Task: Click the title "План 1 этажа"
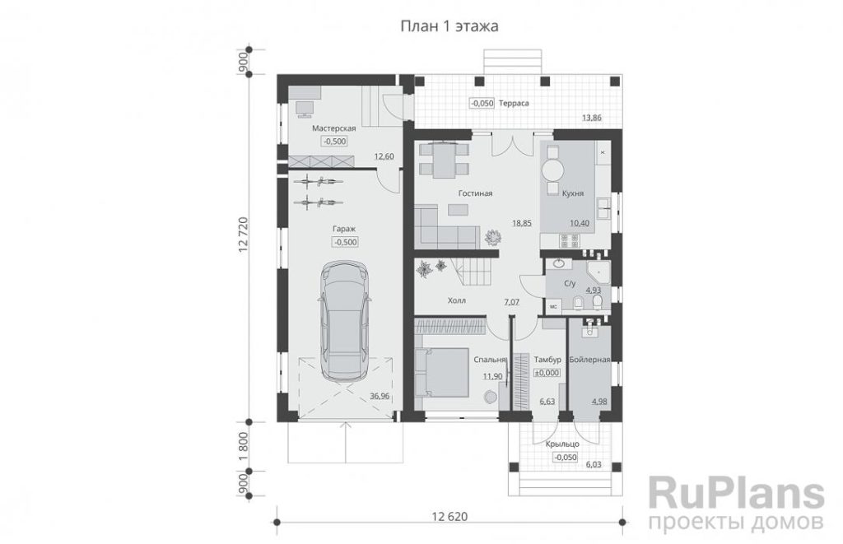tap(449, 26)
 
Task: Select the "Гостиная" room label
tap(475, 193)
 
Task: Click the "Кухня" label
tap(573, 193)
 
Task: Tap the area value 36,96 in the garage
tap(380, 396)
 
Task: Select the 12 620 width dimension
tap(449, 517)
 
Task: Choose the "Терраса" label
tap(514, 103)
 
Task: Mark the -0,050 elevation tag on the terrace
tap(482, 103)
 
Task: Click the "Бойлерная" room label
tap(589, 360)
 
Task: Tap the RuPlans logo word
tap(736, 494)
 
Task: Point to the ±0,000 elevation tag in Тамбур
tap(547, 373)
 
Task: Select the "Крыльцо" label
tap(562, 444)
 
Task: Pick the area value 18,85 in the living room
tap(521, 223)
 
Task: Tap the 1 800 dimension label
tap(242, 445)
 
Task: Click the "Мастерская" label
tap(334, 128)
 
